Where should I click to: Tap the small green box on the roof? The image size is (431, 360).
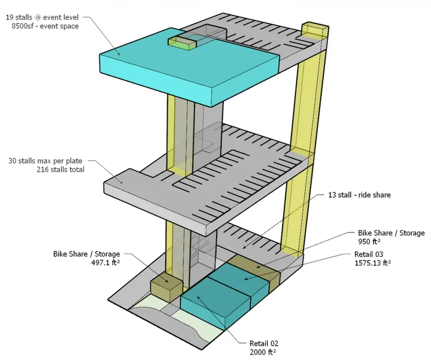[182, 43]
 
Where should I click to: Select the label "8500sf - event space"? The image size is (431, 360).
[45, 26]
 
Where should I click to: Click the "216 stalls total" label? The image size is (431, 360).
[60, 170]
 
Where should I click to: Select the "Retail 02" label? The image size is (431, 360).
[264, 344]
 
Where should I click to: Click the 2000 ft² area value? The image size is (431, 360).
[264, 353]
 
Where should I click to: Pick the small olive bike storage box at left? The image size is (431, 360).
[166, 288]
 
